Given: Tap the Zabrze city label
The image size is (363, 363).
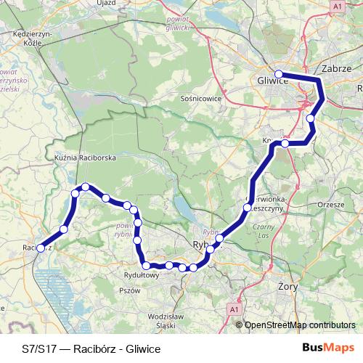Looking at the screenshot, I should (335, 68).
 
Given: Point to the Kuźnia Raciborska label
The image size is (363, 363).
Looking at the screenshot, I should (86, 156).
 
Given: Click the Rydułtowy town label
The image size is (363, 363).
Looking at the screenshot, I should (141, 275).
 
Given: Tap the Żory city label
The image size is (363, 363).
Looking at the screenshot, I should (289, 287).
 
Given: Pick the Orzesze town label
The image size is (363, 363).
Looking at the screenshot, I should (330, 205).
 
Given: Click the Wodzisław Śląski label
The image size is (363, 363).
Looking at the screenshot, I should (168, 320).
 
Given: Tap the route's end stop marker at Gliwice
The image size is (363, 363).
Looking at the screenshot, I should (279, 74).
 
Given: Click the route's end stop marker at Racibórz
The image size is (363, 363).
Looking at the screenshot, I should (41, 248).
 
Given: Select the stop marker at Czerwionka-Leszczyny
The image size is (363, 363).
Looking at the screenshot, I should (247, 208).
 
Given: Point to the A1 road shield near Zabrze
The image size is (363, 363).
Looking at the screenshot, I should (338, 6).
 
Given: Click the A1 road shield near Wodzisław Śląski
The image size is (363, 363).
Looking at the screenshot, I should (234, 310).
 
